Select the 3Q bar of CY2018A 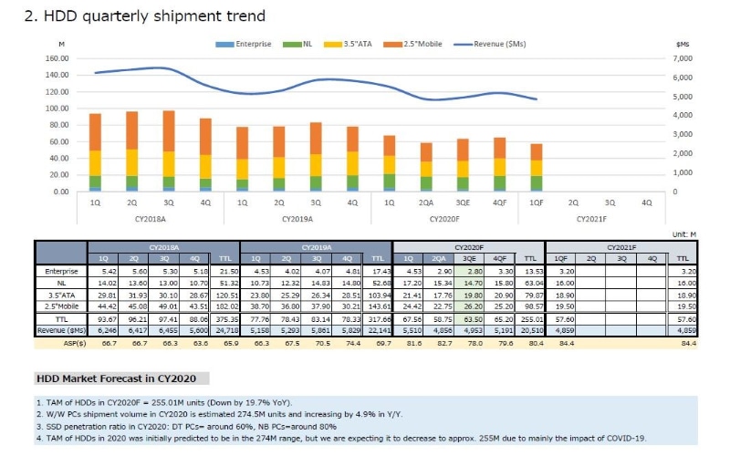(x=168, y=150)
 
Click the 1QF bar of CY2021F (x=537, y=167)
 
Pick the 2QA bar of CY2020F (x=426, y=166)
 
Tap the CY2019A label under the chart (x=297, y=219)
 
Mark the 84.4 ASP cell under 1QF (x=566, y=344)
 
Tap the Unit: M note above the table (x=683, y=234)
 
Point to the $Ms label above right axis (x=682, y=43)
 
